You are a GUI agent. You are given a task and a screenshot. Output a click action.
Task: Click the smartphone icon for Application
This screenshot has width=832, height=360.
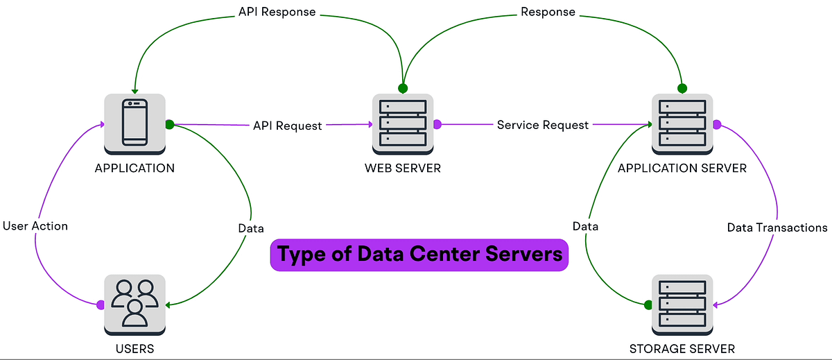click(135, 123)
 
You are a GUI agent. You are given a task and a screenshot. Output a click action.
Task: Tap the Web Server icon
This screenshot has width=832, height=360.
click(403, 123)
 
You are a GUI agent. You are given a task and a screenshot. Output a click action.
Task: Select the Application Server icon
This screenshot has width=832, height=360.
click(682, 123)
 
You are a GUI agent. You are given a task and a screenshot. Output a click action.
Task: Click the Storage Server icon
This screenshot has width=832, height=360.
click(682, 304)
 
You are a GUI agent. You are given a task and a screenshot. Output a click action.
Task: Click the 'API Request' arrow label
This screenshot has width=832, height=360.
click(287, 126)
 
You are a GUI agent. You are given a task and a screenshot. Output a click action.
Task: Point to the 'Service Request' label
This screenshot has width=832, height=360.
click(543, 125)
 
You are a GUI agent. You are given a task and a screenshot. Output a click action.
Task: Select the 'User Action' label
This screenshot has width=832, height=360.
click(35, 225)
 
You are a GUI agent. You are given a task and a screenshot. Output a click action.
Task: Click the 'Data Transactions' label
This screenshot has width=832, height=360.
click(777, 227)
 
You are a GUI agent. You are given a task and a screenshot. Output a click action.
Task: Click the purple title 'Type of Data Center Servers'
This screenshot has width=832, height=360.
click(419, 255)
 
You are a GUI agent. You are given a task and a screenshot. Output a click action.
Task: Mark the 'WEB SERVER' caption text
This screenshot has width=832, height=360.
click(403, 168)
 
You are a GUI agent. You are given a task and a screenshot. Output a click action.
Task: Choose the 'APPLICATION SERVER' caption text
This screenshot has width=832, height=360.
click(682, 168)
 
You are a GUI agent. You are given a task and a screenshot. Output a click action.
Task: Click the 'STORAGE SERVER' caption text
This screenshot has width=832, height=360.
click(682, 348)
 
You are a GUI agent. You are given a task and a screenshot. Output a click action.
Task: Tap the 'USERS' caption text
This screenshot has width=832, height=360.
click(135, 348)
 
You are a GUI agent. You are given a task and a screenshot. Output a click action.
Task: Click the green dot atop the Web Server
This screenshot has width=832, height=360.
click(402, 88)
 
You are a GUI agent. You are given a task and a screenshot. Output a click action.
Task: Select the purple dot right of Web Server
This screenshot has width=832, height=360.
click(437, 124)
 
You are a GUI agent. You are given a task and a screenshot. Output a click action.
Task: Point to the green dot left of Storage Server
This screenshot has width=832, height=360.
click(648, 305)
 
